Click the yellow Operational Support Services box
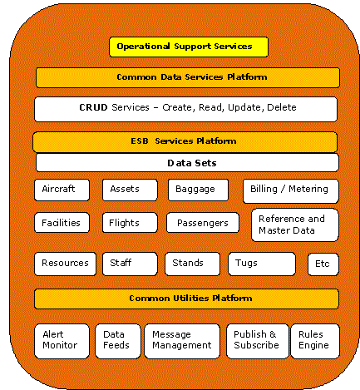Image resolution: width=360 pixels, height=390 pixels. pos(189,47)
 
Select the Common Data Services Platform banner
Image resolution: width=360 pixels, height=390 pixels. pos(188,77)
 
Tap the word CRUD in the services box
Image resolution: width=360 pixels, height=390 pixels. pos(93,107)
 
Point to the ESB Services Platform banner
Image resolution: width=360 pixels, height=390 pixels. pos(185,142)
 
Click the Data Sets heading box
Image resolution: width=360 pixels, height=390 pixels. pos(187,163)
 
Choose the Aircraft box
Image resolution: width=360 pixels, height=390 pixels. pos(62,190)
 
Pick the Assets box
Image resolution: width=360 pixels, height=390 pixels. pos(130,190)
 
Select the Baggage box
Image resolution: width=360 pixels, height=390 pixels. pos(198,190)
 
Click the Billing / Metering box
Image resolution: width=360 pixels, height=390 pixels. pos(291,191)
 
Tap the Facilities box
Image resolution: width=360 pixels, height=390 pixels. pos(62,223)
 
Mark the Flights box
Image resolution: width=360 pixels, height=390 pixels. pos(130,223)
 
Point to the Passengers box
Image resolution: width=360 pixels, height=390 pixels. pos(203,223)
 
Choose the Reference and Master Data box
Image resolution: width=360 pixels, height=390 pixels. pos(295,225)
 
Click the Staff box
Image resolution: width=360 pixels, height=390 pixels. pos(130,264)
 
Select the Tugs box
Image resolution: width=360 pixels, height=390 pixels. pos(262,264)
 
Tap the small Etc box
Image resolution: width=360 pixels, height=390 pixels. pos(323,264)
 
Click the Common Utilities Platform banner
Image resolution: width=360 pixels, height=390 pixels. pos(186,299)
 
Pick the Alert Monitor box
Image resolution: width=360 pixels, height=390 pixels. pos(62,341)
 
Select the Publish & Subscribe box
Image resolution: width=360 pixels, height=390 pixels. pos(258,341)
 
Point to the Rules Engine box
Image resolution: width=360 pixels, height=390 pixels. pos(315,341)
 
